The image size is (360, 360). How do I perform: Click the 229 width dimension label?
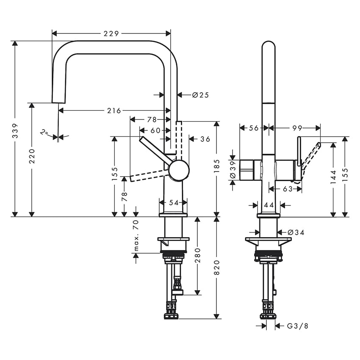[111, 33]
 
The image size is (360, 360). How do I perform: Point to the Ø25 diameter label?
[200, 95]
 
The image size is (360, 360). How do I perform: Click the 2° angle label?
[44, 133]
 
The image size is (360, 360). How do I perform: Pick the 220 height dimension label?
[32, 157]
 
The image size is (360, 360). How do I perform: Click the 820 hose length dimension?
[217, 268]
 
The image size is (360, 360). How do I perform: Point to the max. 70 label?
[136, 235]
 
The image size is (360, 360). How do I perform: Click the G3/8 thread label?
[298, 326]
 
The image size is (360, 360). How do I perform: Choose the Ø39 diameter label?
[232, 170]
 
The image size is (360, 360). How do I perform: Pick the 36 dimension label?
[205, 138]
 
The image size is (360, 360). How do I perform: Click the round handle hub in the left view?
[179, 171]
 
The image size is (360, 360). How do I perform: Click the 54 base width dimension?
[174, 203]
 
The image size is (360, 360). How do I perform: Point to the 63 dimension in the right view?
[288, 189]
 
